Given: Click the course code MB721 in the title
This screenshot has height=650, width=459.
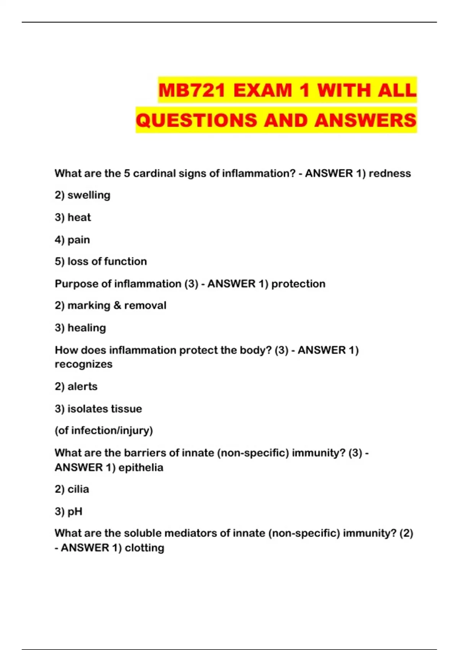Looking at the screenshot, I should pos(192,91).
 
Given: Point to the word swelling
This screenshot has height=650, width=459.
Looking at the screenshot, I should pos(89,195).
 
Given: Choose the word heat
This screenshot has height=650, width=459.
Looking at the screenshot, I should pos(79,218).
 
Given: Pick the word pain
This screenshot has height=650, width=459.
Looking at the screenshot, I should pos(78,240).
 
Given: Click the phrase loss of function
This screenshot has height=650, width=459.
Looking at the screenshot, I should pos(107,262).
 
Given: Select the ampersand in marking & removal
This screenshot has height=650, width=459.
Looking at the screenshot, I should pos(117,305).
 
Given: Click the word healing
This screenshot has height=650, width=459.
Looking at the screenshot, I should pos(86,328).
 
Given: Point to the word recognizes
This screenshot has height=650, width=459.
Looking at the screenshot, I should pos(83,364).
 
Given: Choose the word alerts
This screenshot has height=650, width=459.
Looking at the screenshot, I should pos(82,387).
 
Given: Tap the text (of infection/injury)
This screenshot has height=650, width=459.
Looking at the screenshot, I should pos(104,431).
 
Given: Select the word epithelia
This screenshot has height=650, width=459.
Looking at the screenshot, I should pos(141,468).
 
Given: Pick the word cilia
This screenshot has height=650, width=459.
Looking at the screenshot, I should pos(78,489).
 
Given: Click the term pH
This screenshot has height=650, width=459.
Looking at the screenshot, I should pos(75,512).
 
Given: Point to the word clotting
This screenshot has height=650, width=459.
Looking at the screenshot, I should pos(145,548).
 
